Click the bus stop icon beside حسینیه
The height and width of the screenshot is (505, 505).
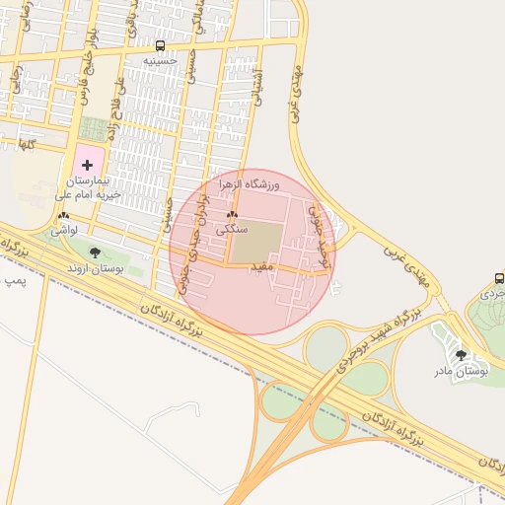click(x=160, y=45)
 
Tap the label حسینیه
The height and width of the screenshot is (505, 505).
click(x=160, y=60)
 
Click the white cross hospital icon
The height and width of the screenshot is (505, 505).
click(x=86, y=165)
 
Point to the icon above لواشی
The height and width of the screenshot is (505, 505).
click(x=64, y=215)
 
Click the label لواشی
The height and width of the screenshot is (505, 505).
click(x=64, y=229)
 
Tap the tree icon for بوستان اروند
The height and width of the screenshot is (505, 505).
click(x=95, y=252)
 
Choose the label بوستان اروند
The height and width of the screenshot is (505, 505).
click(x=94, y=268)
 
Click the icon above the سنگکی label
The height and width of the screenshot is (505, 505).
click(x=232, y=214)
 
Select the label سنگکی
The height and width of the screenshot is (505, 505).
click(x=232, y=228)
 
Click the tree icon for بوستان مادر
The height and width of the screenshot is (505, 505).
click(x=461, y=355)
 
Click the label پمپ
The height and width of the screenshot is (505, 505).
click(x=14, y=281)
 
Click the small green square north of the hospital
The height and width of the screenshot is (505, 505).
click(x=95, y=129)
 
